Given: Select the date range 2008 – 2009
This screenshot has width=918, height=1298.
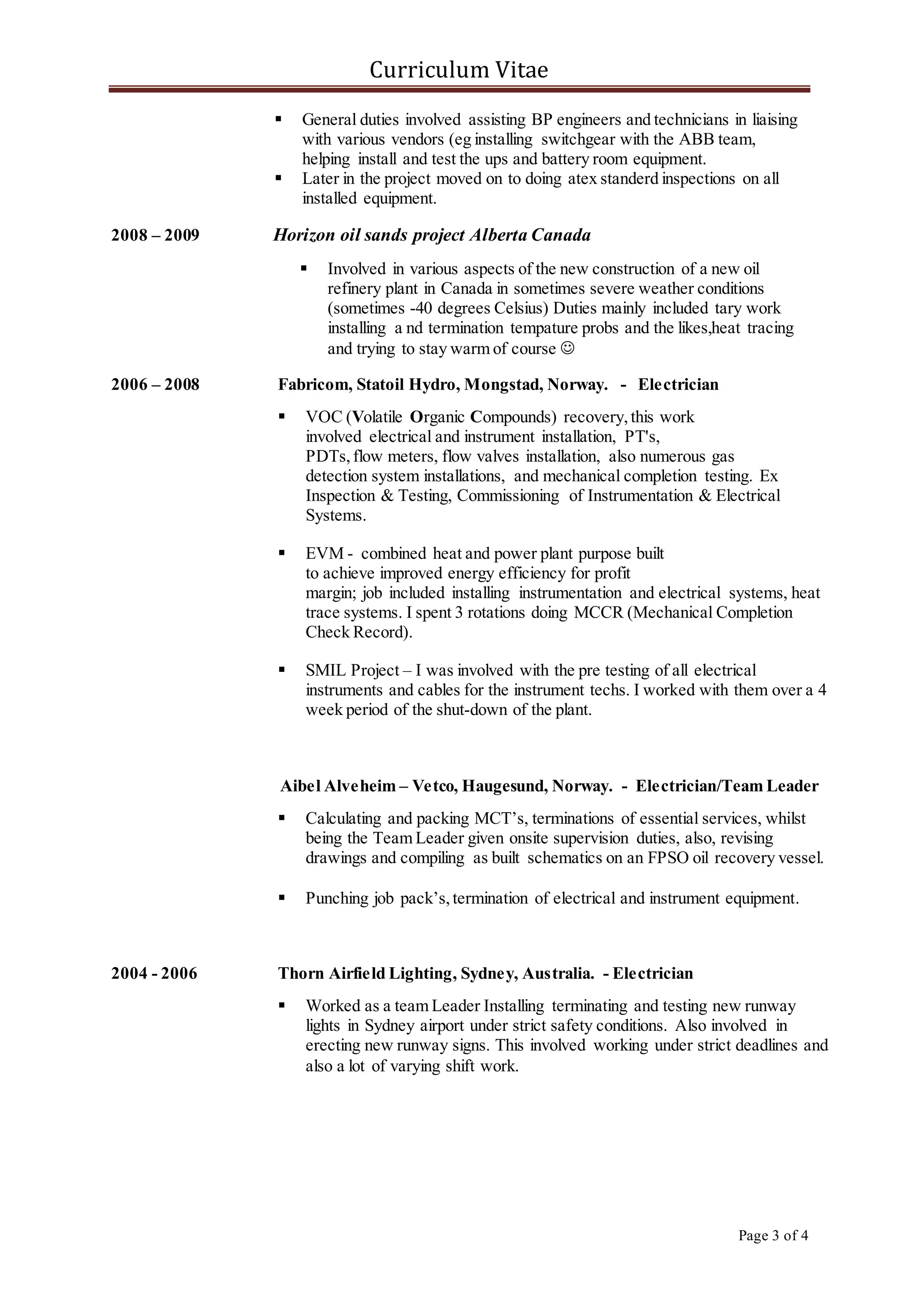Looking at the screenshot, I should click(x=156, y=235).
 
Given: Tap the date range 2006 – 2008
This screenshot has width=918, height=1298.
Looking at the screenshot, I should click(x=156, y=385).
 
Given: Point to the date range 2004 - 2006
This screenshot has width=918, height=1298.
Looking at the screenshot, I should click(x=154, y=973).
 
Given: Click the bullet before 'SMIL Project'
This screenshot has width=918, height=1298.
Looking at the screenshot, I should click(x=281, y=671).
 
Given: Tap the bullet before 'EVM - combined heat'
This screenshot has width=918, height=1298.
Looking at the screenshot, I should click(x=281, y=553).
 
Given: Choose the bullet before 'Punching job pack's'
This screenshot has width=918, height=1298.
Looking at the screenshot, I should click(x=281, y=898).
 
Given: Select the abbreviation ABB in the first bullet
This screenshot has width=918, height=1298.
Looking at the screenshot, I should click(x=695, y=139).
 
